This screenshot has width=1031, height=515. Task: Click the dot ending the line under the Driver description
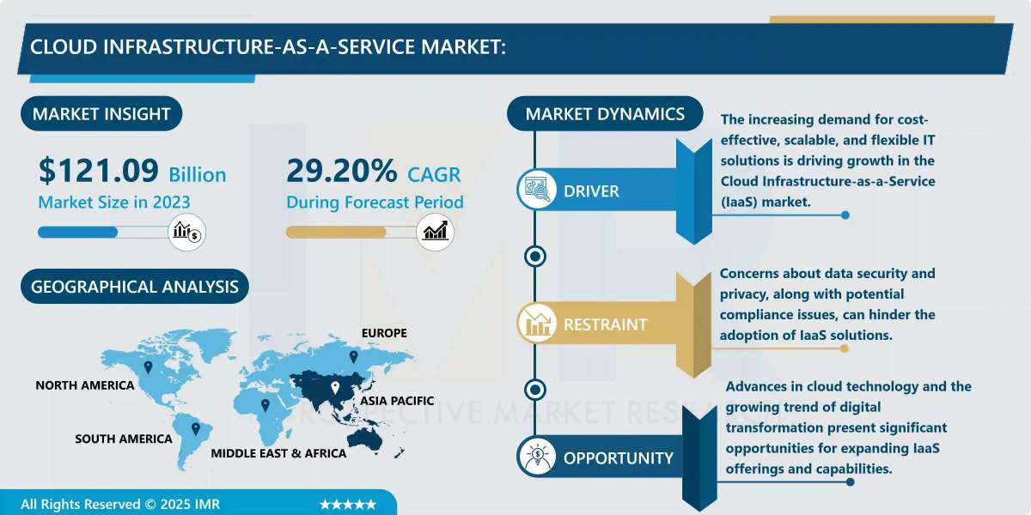pos(845,215)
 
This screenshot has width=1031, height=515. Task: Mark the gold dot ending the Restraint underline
pos(844,348)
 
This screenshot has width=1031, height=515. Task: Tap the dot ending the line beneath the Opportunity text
pos(850,482)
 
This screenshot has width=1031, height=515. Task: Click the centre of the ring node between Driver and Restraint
pos(534,256)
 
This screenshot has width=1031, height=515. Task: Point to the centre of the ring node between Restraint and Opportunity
pos(534,390)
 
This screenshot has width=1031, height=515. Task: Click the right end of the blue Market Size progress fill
pos(117,233)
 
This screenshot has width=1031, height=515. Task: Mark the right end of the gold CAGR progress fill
pos(385,233)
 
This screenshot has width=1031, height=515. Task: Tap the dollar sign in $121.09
pos(46,171)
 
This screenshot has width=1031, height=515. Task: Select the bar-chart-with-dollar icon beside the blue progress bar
pos(187,232)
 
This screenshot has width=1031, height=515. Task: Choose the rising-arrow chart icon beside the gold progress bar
pos(435,232)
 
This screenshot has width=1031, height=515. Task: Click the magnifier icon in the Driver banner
pos(537,190)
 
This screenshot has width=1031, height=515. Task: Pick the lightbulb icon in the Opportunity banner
pos(537,457)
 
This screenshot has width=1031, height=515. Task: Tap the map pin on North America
pos(148,367)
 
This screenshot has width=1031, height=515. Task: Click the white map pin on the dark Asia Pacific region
pos(335,388)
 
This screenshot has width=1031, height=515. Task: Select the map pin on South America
pos(196,428)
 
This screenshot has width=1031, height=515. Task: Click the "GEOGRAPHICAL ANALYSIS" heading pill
pos(134,287)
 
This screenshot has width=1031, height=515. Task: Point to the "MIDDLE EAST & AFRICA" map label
pos(278,453)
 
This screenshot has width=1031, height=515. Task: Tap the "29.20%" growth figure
pos(342,171)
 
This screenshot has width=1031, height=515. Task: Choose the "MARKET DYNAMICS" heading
pos(605,113)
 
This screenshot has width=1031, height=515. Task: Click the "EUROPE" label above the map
pos(384,333)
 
